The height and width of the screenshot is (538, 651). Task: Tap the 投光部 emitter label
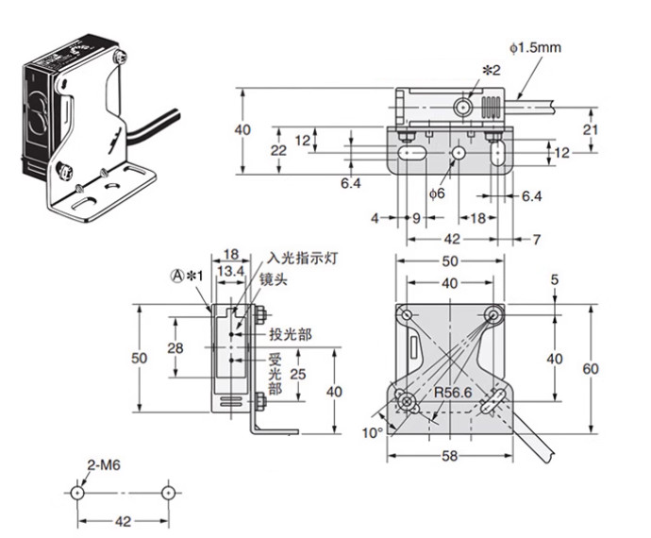pos(288,333)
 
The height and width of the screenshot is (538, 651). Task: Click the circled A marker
pos(175,275)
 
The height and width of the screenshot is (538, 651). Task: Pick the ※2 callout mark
pos(491,71)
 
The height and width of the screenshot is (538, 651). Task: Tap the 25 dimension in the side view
pos(298,376)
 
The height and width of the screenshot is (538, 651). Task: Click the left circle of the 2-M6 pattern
pos(78,493)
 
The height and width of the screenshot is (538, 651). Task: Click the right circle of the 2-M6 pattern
pos(167,493)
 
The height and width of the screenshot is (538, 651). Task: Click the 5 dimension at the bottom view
pos(554,279)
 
